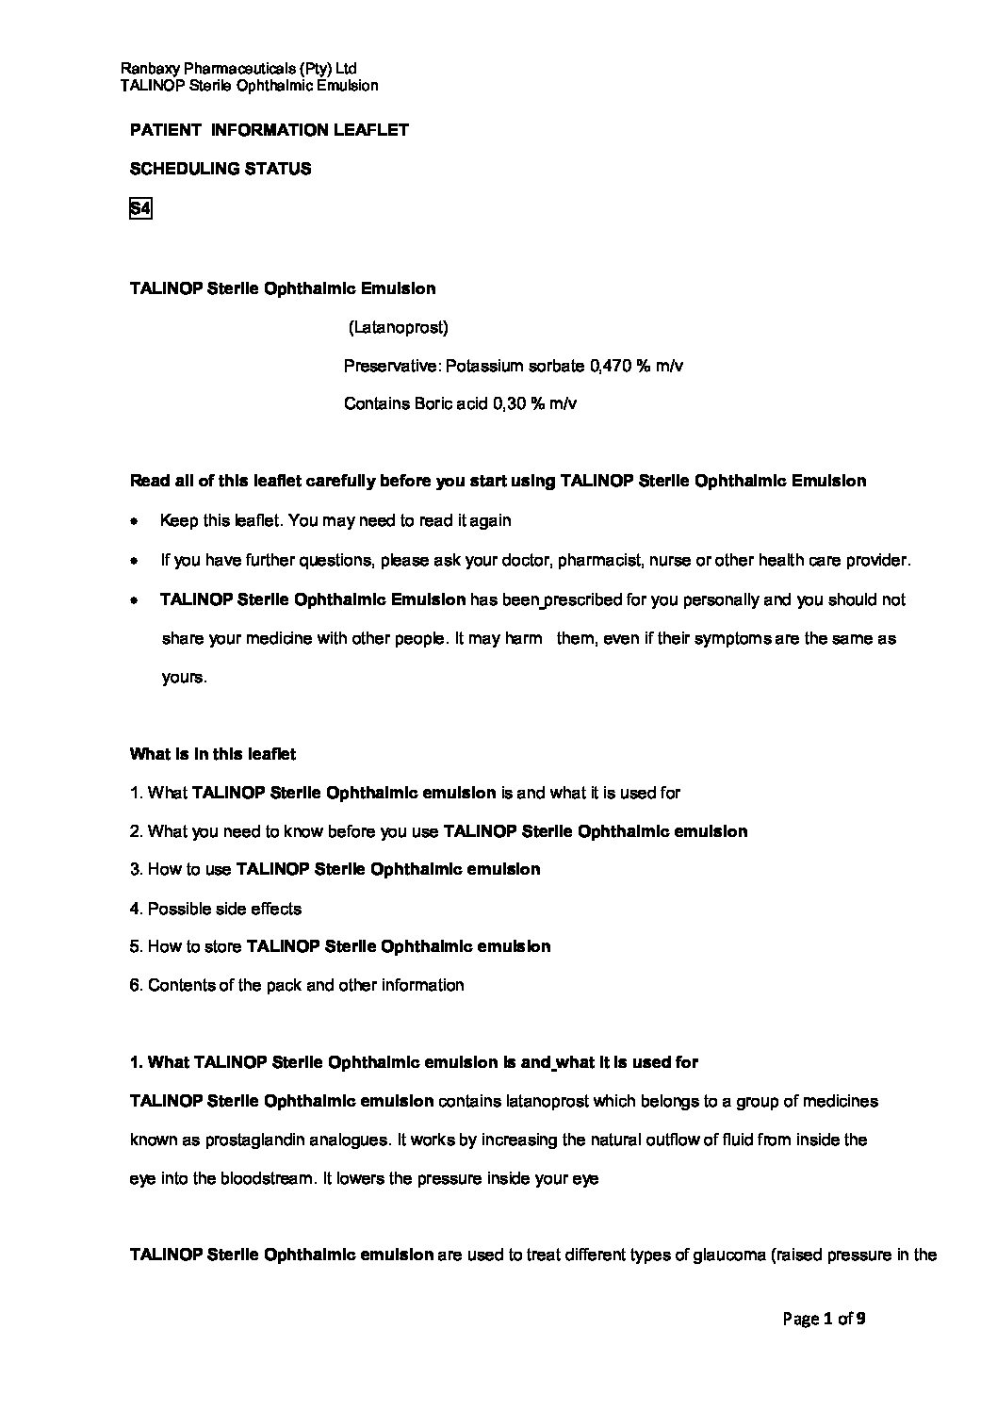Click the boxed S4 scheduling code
point(139,209)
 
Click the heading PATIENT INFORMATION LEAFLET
point(269,130)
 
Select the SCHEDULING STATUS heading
point(220,170)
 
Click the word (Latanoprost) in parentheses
point(398,328)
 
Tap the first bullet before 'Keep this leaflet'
point(136,521)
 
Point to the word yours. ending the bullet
point(184,678)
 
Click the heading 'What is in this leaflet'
point(212,754)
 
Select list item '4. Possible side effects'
point(216,909)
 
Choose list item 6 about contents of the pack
point(297,985)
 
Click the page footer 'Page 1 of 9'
point(824,1319)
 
